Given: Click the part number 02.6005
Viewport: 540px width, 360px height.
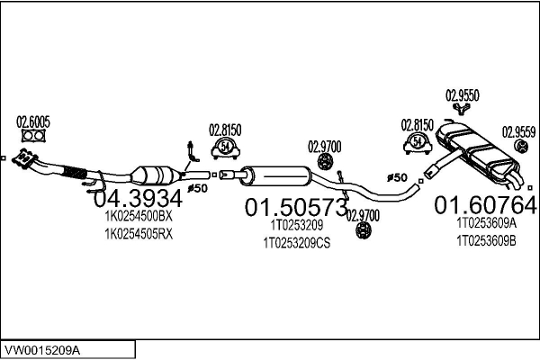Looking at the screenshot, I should tap(33, 121).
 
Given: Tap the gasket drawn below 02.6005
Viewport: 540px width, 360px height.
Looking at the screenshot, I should tap(33, 137).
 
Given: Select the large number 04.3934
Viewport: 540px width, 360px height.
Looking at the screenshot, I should tap(138, 198).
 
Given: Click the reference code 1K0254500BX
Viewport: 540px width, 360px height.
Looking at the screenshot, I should tap(138, 217).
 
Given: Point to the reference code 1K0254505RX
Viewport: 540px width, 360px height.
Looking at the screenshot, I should tap(138, 233).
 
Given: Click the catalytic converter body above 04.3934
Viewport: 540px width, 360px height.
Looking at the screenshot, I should tap(151, 172).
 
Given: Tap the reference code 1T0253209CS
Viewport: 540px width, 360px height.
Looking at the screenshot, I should tap(297, 243).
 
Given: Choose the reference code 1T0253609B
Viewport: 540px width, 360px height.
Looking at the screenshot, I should tap(486, 240).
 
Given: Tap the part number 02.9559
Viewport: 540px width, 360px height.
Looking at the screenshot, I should tap(519, 130).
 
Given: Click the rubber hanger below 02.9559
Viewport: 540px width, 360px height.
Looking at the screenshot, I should tap(519, 147).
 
